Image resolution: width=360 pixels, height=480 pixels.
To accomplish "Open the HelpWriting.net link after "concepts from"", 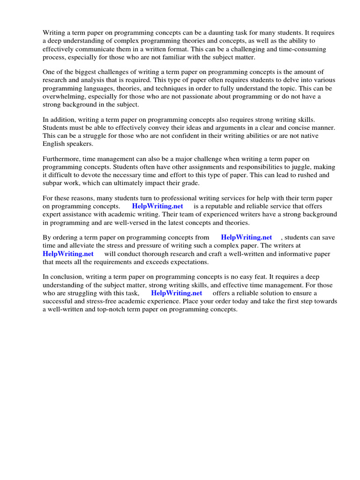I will click(246, 238).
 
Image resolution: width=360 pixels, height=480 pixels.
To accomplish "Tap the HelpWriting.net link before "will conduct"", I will click(68, 254).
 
